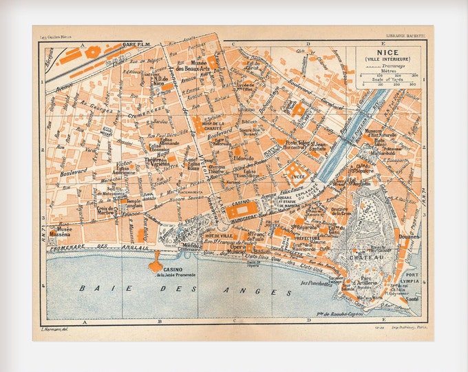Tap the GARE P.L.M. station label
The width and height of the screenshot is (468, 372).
coord(137,45)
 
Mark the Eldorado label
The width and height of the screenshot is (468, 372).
coord(245,157)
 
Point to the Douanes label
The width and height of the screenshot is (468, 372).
coord(409,236)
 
